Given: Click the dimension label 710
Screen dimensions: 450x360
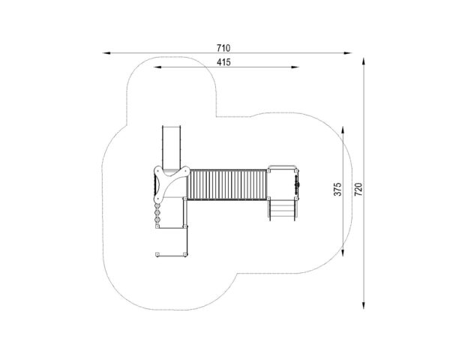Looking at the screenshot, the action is click(x=223, y=48).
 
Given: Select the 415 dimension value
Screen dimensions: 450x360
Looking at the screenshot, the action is click(x=223, y=62).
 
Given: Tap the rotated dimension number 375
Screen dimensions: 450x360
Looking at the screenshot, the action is click(x=337, y=189).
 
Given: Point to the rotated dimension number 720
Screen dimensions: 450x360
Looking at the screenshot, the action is click(x=358, y=189).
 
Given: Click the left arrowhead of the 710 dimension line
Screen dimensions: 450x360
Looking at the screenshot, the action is click(x=106, y=53).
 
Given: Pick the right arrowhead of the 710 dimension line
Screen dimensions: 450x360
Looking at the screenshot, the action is click(x=348, y=53).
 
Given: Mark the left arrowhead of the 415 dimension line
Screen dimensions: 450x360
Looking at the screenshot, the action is click(x=157, y=67).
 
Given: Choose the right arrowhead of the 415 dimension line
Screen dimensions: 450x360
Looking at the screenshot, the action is click(x=295, y=67).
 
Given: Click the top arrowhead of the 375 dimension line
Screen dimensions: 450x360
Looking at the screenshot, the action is click(x=343, y=130).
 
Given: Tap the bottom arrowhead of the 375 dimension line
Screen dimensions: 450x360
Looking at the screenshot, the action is click(x=343, y=252).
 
